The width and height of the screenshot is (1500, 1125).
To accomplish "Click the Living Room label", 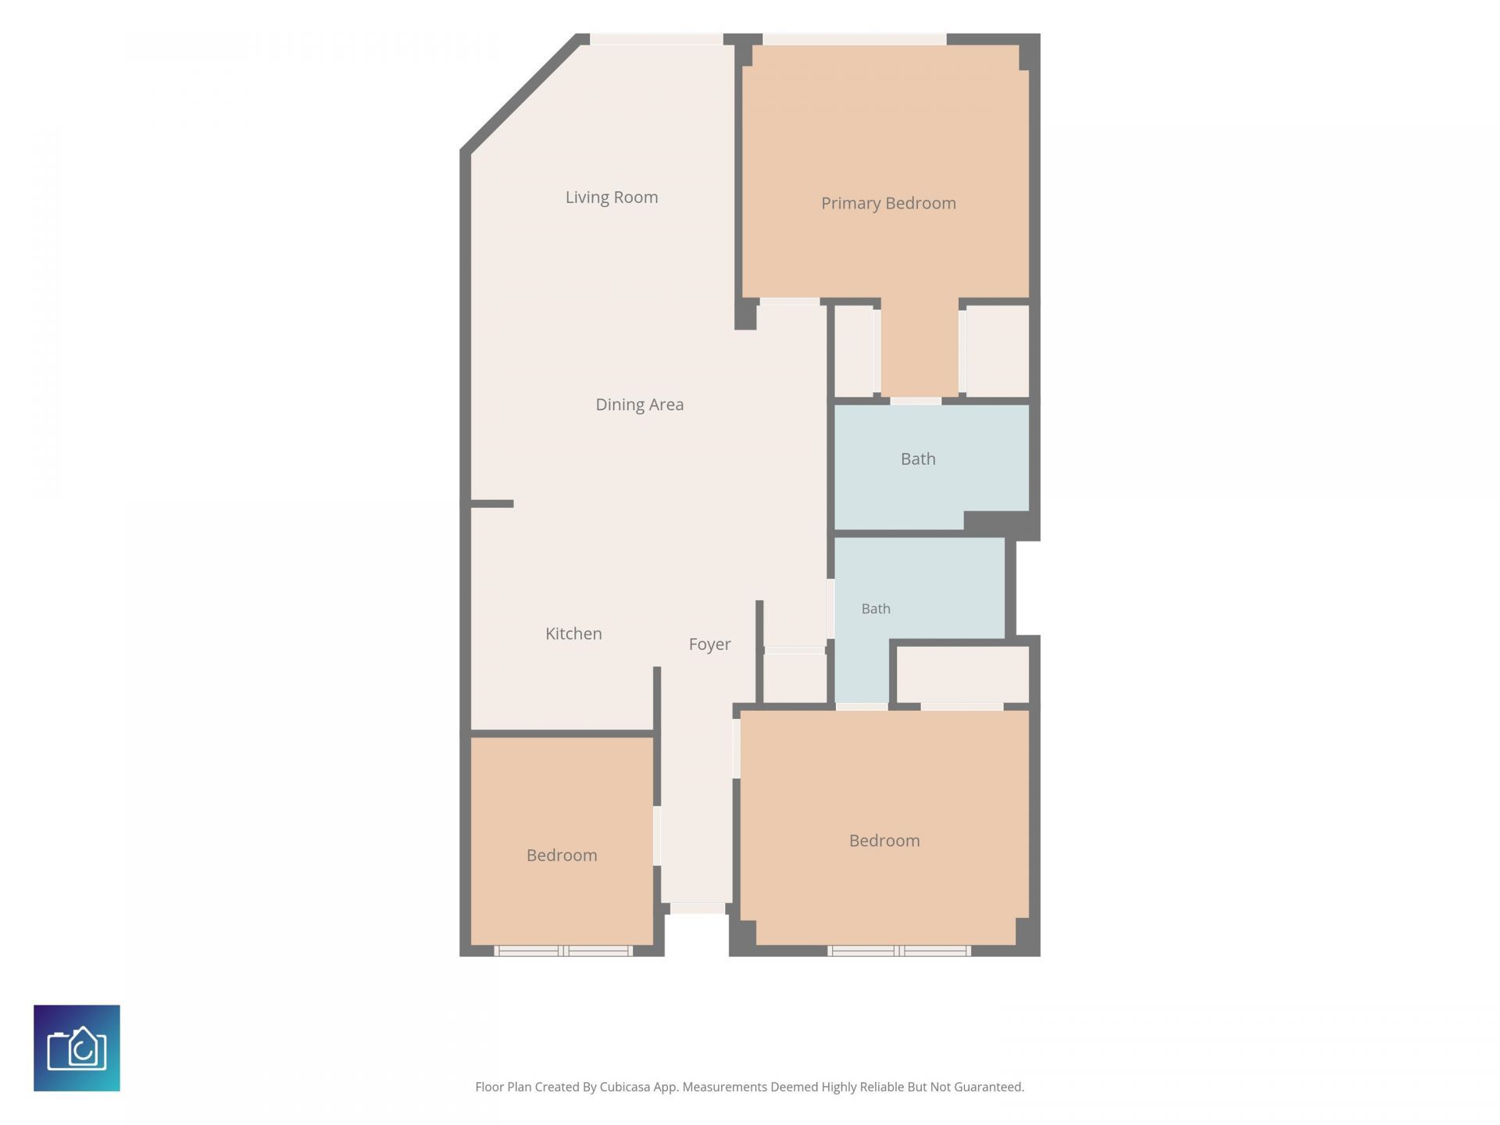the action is (x=612, y=198).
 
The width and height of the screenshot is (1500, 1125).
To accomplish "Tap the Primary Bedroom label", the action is (x=888, y=204).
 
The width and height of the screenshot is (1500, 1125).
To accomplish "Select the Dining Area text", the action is (x=639, y=405).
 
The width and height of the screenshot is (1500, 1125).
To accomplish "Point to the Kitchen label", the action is (x=573, y=634).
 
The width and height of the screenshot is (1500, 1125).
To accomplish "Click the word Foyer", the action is (x=709, y=645).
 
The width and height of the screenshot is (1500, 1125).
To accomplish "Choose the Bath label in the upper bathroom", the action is (x=918, y=459).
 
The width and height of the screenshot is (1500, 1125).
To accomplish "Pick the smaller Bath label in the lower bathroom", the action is (x=876, y=609).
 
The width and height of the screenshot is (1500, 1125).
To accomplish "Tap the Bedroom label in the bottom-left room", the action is (x=562, y=855).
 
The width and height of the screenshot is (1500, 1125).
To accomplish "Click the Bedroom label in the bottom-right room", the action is (x=884, y=841).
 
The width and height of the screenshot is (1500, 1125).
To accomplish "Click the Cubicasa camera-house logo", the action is (x=77, y=1048).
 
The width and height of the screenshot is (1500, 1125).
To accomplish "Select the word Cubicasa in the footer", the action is (x=625, y=1087).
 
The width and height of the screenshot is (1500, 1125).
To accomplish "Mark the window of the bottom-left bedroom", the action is (x=563, y=951).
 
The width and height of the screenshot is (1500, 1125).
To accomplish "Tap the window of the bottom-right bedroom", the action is (x=899, y=951).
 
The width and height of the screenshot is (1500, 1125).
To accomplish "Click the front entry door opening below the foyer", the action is (x=698, y=909).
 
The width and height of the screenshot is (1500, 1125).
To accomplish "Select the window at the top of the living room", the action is (x=656, y=39).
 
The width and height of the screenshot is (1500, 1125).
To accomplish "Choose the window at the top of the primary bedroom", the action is (x=855, y=39).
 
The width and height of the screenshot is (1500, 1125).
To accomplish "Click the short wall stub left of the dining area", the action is (x=491, y=504).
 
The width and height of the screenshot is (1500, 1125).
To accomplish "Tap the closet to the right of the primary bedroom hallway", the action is (x=998, y=351).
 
